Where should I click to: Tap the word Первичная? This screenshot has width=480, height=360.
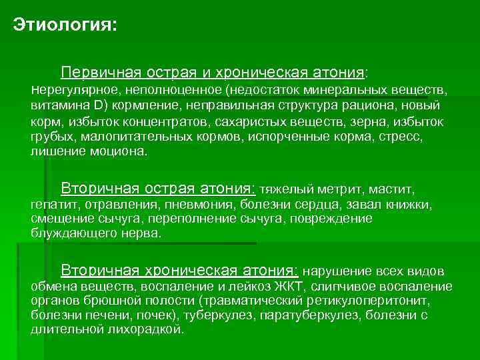pos(97,71)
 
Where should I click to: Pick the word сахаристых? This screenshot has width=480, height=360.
pos(245,121)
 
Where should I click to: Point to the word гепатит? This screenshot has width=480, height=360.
pos(55,204)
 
